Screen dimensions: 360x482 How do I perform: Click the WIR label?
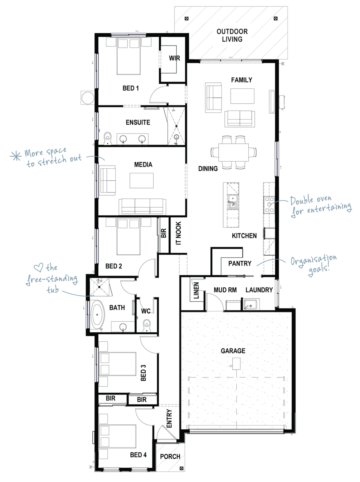[174, 58]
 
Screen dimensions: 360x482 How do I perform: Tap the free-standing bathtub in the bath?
[98, 314]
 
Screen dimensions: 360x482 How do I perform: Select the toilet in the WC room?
[146, 325]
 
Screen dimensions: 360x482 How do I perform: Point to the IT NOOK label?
[178, 233]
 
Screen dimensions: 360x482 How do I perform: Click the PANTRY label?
[240, 263]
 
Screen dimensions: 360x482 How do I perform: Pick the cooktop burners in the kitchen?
[269, 204]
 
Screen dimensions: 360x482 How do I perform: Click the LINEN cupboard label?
[196, 290]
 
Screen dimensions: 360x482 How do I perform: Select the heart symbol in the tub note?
[38, 268]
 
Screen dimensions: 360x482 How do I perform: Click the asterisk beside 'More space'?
[16, 156]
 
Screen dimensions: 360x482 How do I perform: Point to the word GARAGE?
[233, 351]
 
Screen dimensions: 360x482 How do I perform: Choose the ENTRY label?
[169, 418]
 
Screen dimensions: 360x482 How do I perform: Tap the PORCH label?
[170, 456]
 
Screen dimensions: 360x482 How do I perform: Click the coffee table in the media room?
[141, 180]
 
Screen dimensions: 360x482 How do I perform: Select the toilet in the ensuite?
[107, 138]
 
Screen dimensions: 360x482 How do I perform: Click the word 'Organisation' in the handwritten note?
[314, 260]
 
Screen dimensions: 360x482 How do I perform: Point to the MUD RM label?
[225, 290]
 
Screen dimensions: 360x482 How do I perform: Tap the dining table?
[234, 152]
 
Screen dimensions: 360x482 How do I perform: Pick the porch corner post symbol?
[181, 468]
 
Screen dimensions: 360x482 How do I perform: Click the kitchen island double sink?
[232, 202]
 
